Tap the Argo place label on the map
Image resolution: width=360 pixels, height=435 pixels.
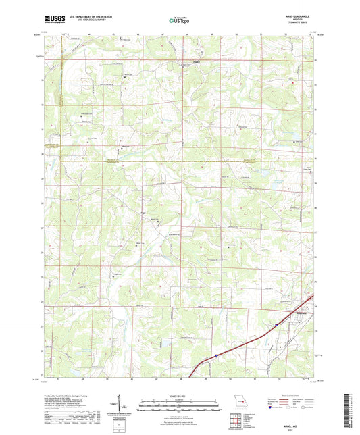point(143,215)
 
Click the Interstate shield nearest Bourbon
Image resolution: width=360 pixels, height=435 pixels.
point(276,324)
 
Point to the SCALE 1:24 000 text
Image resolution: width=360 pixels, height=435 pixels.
point(180,395)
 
